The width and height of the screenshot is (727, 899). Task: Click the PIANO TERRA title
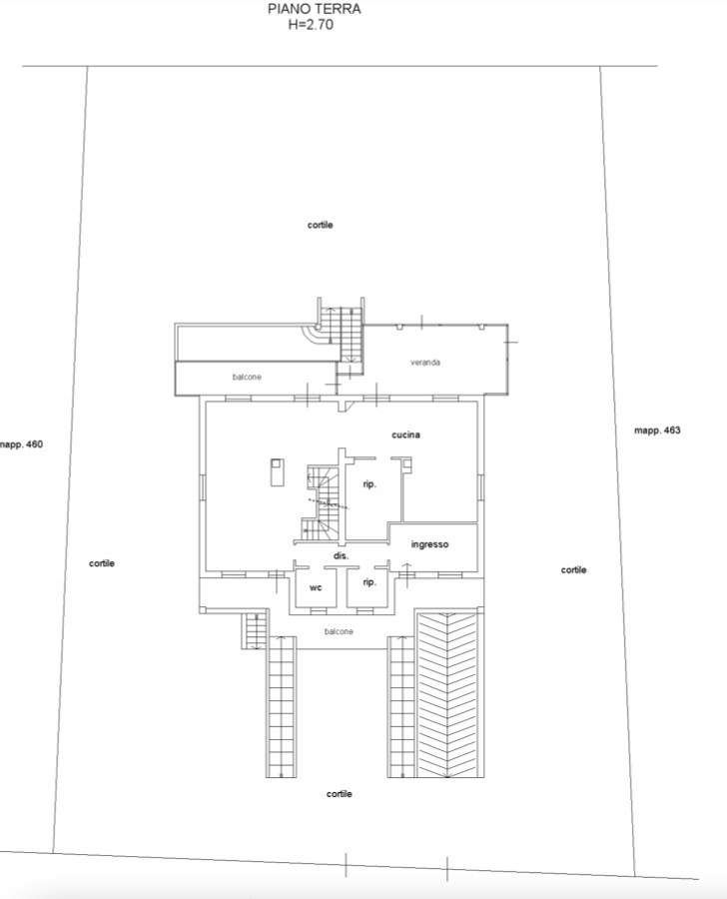(x=315, y=9)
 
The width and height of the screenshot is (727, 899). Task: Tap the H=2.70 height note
(x=311, y=25)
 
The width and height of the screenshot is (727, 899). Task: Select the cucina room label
(x=405, y=436)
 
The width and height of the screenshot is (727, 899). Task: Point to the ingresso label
(x=429, y=544)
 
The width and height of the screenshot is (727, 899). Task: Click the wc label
(x=316, y=587)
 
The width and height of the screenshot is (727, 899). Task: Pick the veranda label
(x=425, y=363)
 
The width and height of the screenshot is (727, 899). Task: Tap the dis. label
(x=342, y=556)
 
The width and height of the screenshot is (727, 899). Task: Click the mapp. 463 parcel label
(x=657, y=431)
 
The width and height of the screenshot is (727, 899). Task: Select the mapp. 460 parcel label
(x=21, y=445)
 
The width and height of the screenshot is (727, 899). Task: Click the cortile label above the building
(x=320, y=226)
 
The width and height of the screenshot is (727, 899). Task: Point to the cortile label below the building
(x=339, y=794)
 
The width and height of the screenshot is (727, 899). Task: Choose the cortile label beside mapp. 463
(x=573, y=570)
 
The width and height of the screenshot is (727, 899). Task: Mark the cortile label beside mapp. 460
(x=102, y=563)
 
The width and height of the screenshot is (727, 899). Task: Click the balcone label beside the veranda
(x=247, y=377)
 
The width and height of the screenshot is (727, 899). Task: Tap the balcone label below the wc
(x=339, y=631)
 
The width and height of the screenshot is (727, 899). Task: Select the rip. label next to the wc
(x=369, y=582)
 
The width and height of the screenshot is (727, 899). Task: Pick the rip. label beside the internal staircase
(x=369, y=484)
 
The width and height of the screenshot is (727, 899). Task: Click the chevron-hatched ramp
(x=449, y=694)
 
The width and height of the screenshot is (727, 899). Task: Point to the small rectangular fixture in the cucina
(x=277, y=472)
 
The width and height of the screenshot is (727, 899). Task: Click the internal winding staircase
(x=323, y=502)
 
